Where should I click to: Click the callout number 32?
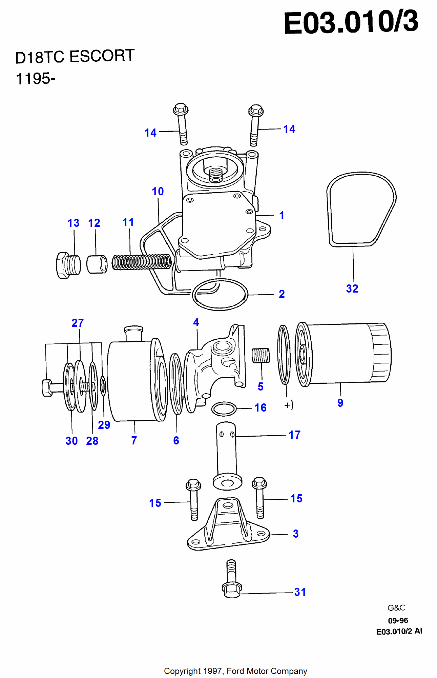tap(352, 288)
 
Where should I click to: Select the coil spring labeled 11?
tap(142, 262)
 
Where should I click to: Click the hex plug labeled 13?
tap(68, 265)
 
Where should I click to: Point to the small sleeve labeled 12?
tap(97, 264)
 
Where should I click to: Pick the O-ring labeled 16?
tap(224, 409)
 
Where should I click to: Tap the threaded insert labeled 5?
tap(261, 356)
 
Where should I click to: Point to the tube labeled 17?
tap(226, 451)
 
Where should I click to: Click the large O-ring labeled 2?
tap(220, 294)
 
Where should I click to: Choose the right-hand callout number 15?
tap(296, 498)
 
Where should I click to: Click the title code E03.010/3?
tap(351, 22)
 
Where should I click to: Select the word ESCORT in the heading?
tap(102, 56)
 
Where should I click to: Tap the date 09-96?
tap(398, 620)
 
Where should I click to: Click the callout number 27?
tap(78, 323)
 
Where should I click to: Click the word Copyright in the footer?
tap(182, 671)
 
